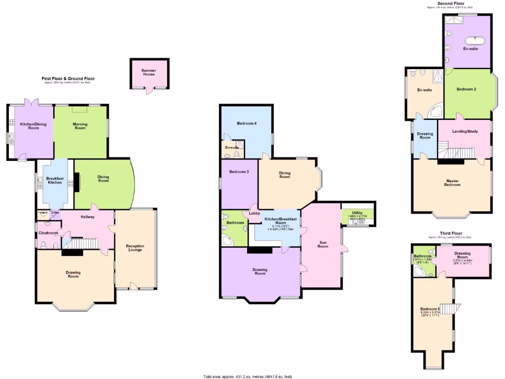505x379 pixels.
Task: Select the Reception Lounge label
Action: pyautogui.click(x=135, y=248)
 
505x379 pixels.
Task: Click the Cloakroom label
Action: pyautogui.click(x=48, y=233)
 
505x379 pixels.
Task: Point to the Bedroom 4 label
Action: pyautogui.click(x=247, y=123)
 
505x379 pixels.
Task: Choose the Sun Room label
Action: pyautogui.click(x=323, y=244)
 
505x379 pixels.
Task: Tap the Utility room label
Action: pyautogui.click(x=358, y=213)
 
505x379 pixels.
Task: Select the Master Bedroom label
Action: pyautogui.click(x=452, y=183)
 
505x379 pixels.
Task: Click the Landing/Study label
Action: pyautogui.click(x=465, y=145)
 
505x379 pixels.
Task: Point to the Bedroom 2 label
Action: pyautogui.click(x=466, y=89)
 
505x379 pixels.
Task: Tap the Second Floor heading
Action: pyautogui.click(x=451, y=3)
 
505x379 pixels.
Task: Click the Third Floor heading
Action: pyautogui.click(x=451, y=233)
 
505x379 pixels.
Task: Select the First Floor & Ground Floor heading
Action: pyautogui.click(x=68, y=78)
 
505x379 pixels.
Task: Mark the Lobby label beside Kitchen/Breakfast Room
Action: pyautogui.click(x=254, y=214)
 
